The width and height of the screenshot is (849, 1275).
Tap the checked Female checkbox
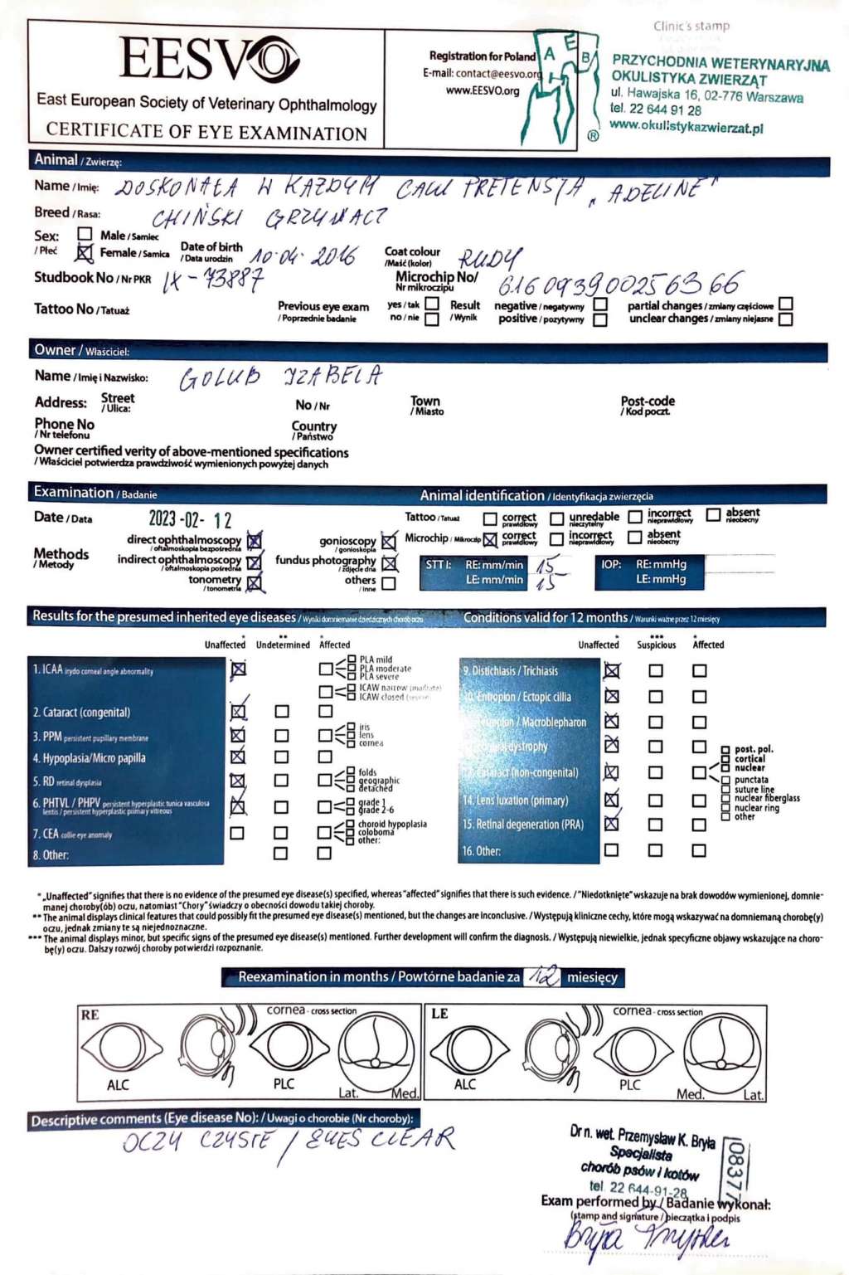85,253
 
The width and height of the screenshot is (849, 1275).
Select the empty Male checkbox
85,235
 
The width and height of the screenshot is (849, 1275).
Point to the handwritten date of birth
303,256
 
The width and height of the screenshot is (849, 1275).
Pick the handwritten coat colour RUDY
491,259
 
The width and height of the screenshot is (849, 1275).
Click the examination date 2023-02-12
190,520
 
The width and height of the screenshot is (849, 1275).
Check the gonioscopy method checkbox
389,541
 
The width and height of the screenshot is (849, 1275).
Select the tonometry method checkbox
255,582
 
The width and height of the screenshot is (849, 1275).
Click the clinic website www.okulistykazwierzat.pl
686,127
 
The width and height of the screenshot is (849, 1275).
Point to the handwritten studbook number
213,280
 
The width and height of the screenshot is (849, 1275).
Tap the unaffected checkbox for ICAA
238,669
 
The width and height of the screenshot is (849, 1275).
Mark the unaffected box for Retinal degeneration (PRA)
612,824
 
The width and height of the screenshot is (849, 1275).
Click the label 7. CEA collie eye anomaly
72,834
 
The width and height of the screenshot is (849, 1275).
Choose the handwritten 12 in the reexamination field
544,976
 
